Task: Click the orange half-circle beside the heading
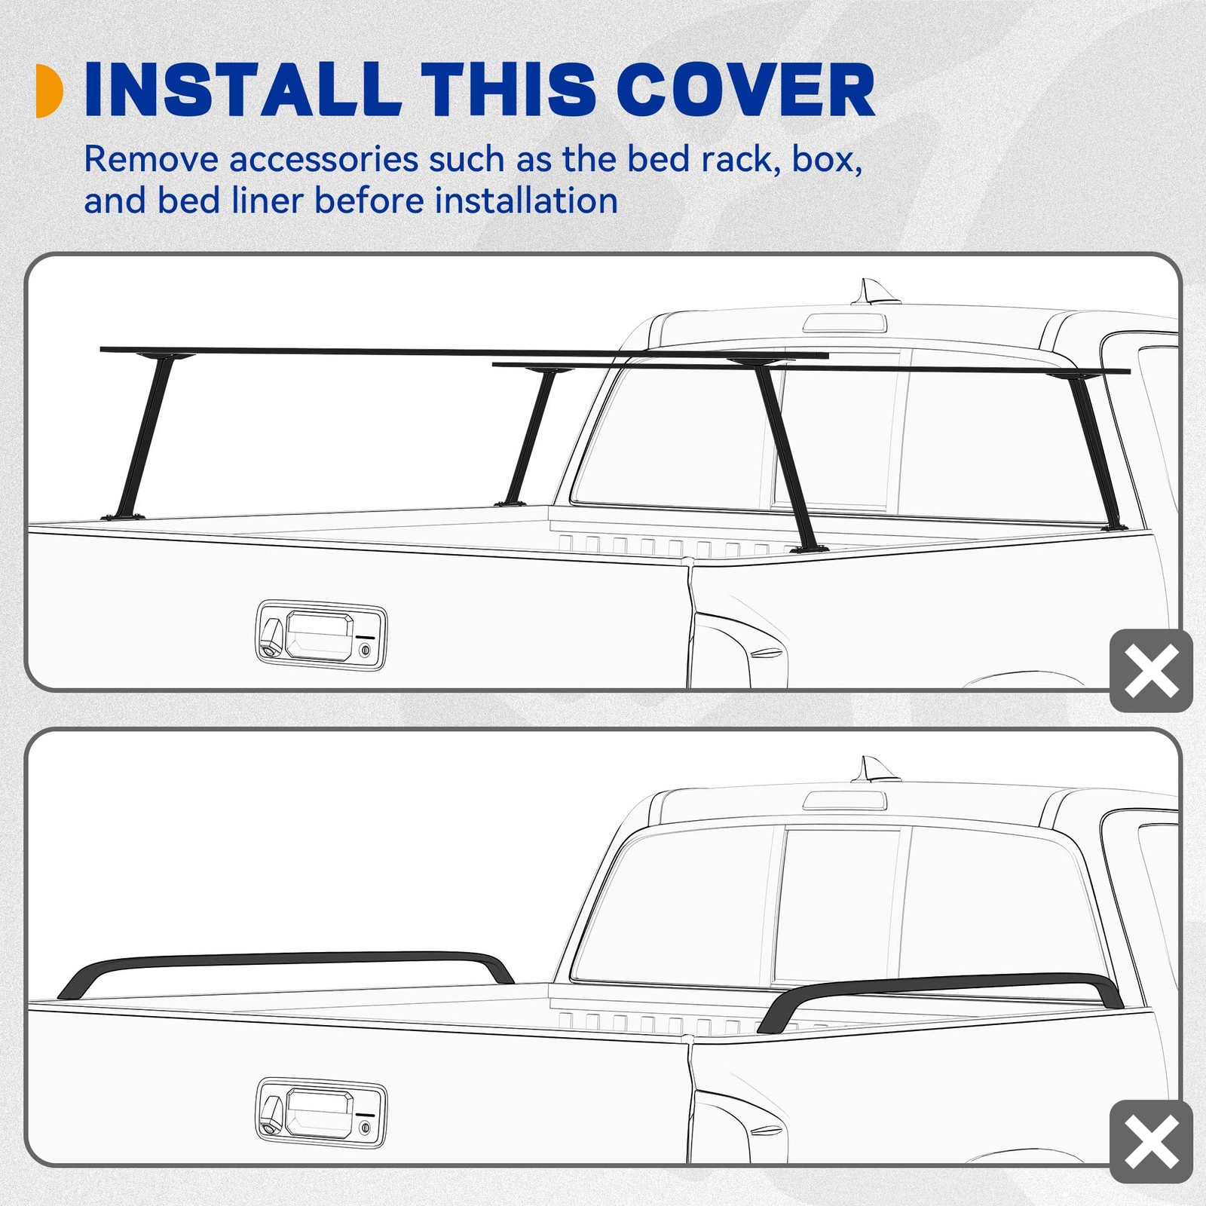pos(49,90)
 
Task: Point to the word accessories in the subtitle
pos(323,160)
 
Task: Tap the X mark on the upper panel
pos(1151,670)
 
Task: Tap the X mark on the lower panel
pos(1151,1141)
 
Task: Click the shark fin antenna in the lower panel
pos(874,770)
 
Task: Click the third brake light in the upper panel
pos(844,323)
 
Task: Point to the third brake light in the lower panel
pos(844,800)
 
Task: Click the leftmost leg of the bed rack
pos(143,437)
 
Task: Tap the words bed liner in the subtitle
pos(231,201)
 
